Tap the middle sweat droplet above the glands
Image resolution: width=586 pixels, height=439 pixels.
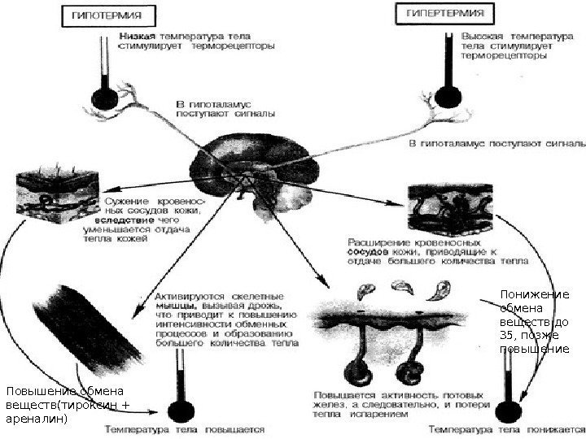[x=404, y=285]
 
